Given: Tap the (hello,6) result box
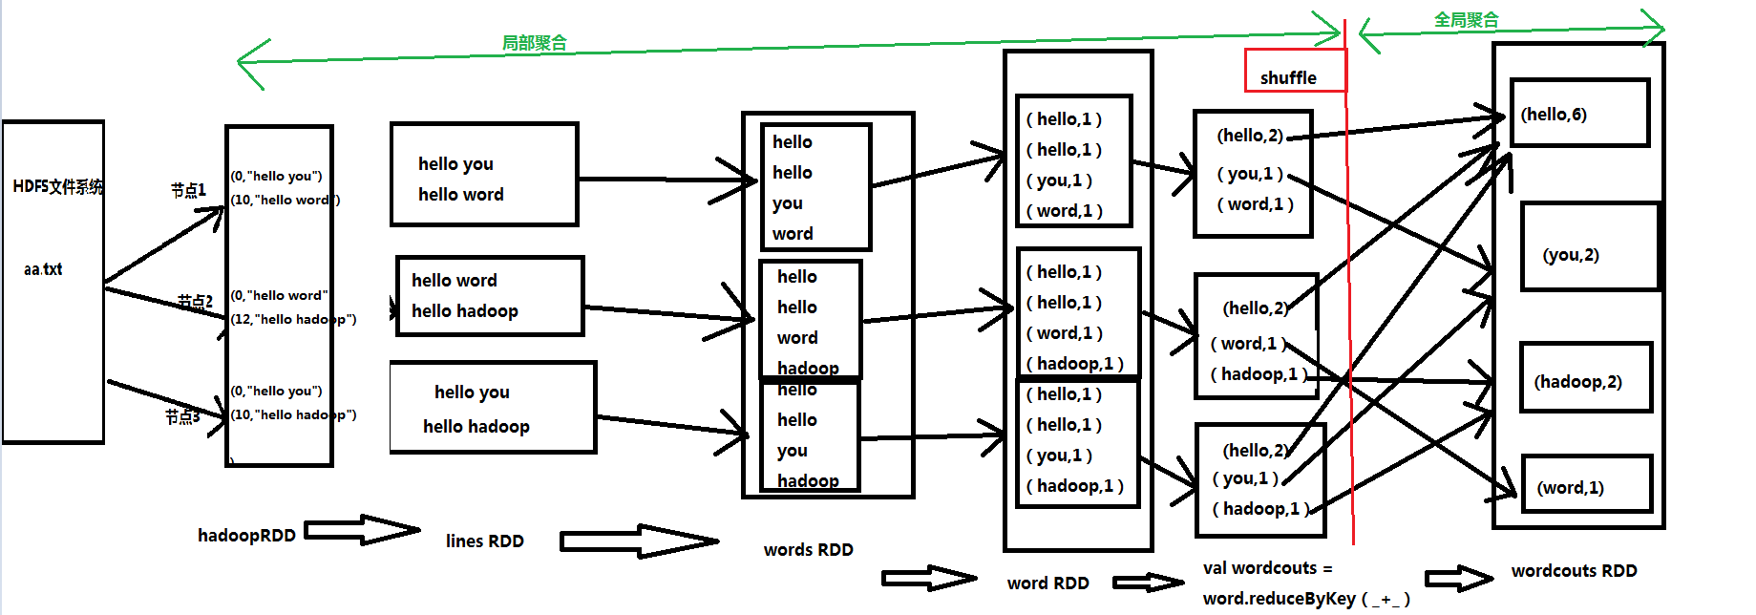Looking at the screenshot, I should pyautogui.click(x=1579, y=114).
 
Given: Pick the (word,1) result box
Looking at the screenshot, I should pyautogui.click(x=1585, y=485).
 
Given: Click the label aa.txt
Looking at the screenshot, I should pyautogui.click(x=43, y=269).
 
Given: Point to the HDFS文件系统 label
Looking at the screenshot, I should pyautogui.click(x=57, y=186).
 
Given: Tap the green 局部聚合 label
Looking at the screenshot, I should pyautogui.click(x=534, y=43).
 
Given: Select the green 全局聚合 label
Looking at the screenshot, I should pyautogui.click(x=1466, y=20).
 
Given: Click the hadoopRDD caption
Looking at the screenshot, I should pyautogui.click(x=246, y=536).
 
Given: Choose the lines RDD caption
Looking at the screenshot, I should pyautogui.click(x=484, y=541).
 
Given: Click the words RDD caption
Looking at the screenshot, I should pyautogui.click(x=808, y=550).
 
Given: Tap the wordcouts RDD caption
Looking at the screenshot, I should pyautogui.click(x=1574, y=571).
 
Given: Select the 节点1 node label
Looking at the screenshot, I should pyautogui.click(x=188, y=190).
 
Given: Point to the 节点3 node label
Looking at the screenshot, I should pyautogui.click(x=181, y=416).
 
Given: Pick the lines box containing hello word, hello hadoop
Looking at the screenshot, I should pyautogui.click(x=490, y=296).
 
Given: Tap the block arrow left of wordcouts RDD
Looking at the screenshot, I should pyautogui.click(x=1458, y=578).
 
